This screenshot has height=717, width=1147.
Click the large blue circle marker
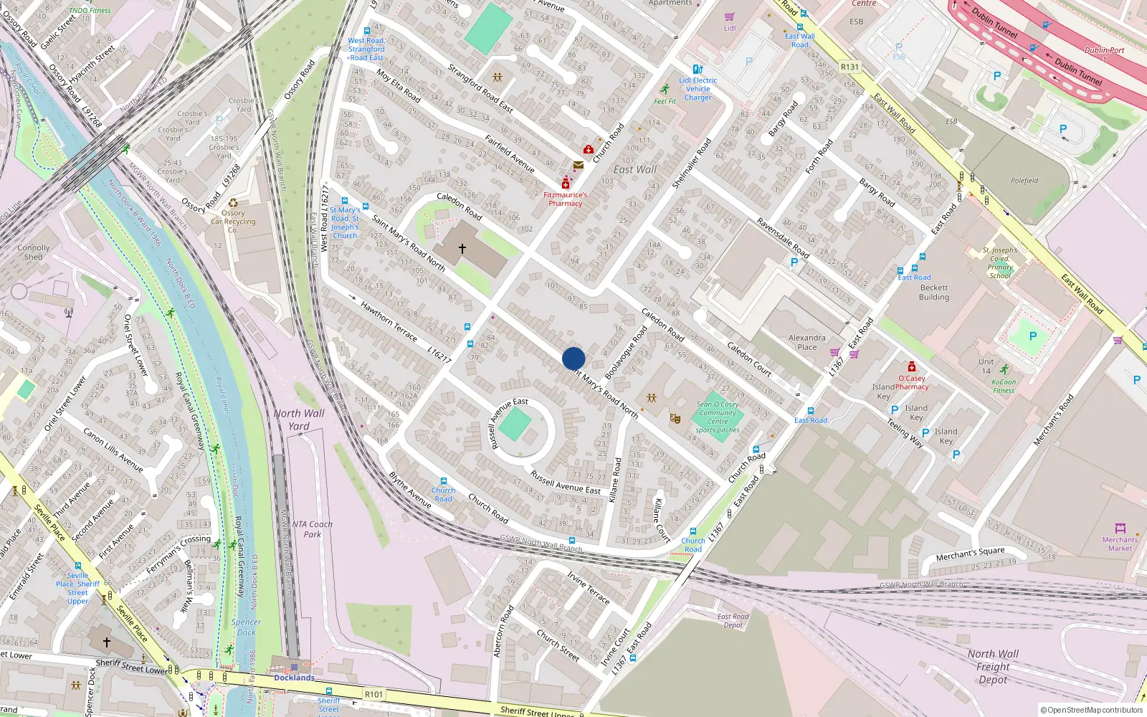(x=573, y=358)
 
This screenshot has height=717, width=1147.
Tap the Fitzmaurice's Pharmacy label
(x=565, y=199)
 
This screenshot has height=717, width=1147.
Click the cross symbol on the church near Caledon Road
(x=462, y=249)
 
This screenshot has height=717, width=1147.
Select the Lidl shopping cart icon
(x=730, y=17)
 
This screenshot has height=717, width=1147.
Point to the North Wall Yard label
(x=299, y=419)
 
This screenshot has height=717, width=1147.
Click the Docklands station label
(x=294, y=678)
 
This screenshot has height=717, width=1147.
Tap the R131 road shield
(x=849, y=67)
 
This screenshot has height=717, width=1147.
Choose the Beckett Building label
(x=933, y=293)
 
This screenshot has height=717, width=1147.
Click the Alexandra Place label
(x=806, y=342)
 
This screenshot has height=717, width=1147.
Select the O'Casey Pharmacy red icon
(x=911, y=367)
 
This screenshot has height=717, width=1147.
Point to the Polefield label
(x=1024, y=181)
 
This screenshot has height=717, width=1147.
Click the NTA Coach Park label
(x=312, y=529)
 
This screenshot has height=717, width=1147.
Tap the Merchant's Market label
(x=1120, y=543)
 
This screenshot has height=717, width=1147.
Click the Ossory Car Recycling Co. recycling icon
(x=233, y=203)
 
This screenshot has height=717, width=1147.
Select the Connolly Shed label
(x=34, y=252)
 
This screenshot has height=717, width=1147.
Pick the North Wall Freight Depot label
(x=993, y=667)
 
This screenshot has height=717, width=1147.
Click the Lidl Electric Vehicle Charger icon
(x=698, y=70)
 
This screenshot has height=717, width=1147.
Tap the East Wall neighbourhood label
(x=634, y=170)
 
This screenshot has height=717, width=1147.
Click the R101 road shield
(x=373, y=694)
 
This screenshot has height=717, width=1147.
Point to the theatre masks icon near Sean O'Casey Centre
(x=675, y=418)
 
